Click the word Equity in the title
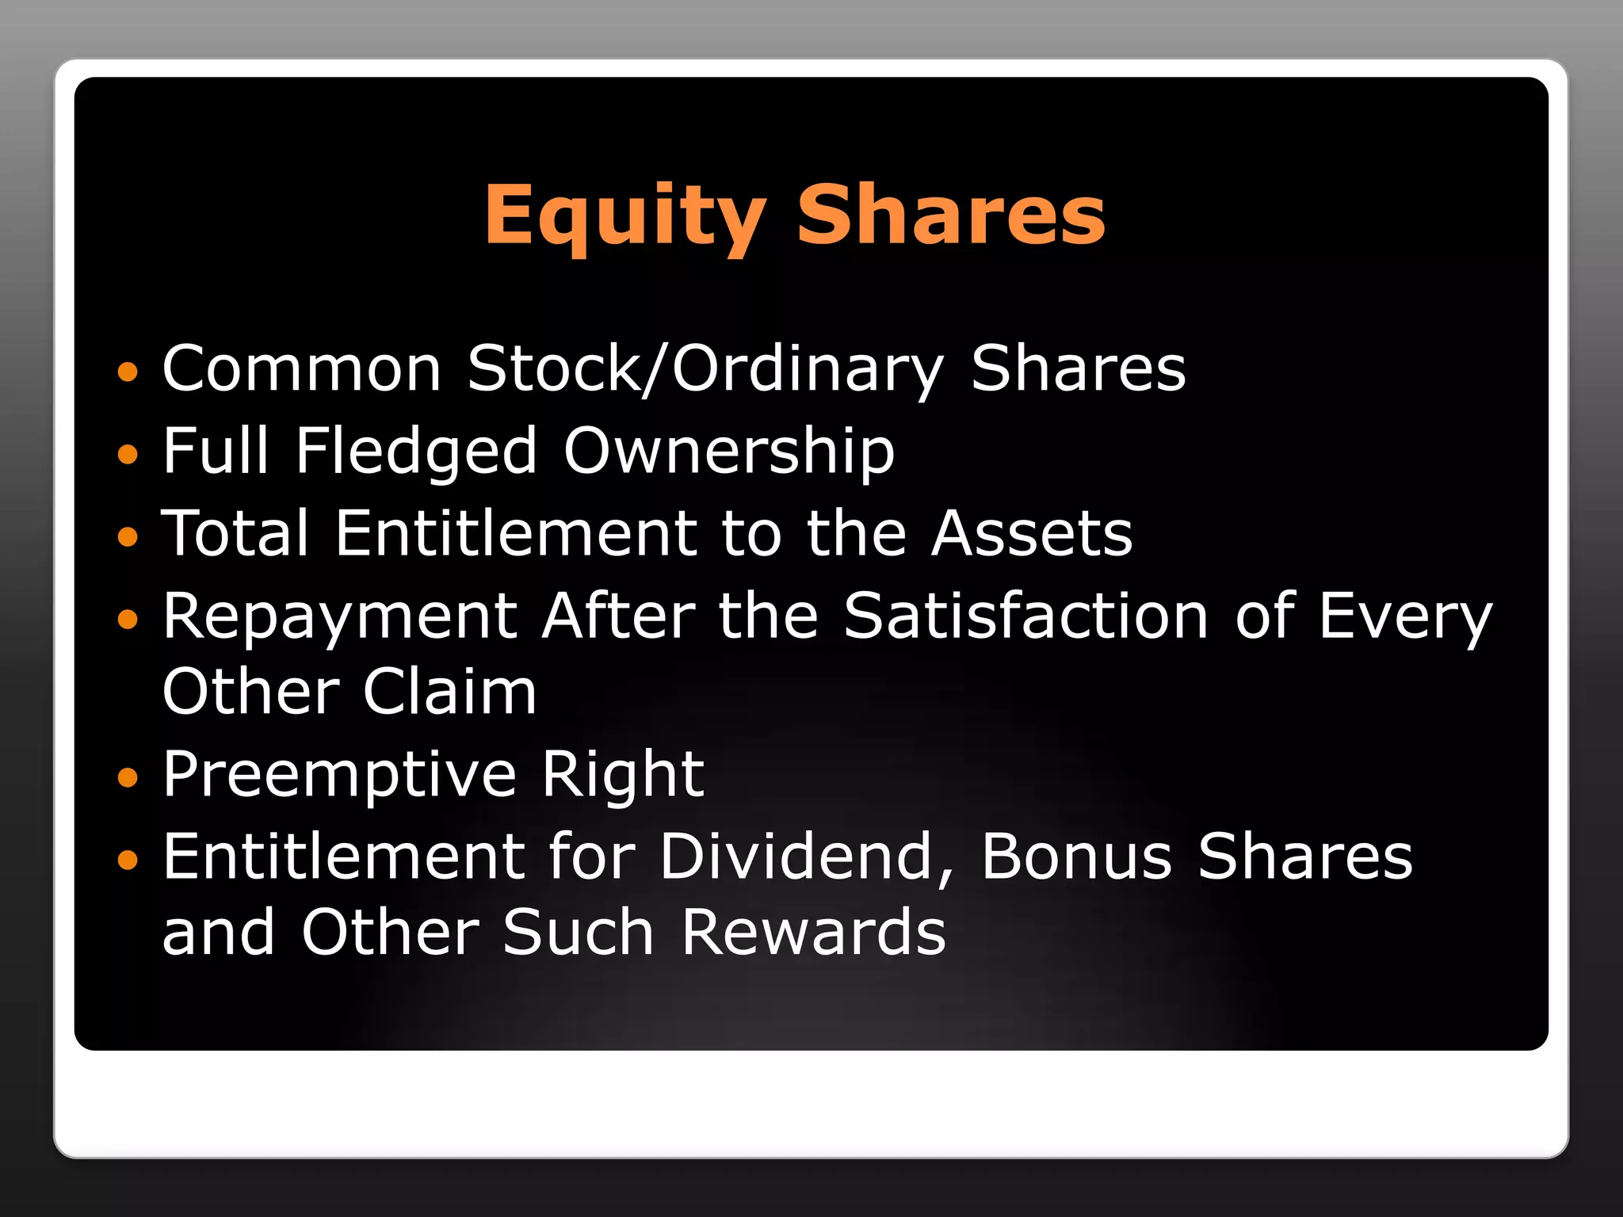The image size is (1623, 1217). pos(624,216)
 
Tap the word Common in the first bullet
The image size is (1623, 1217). pos(302,369)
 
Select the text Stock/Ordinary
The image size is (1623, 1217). pos(705,369)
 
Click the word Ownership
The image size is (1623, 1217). pos(729,452)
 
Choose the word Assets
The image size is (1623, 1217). pos(1032,533)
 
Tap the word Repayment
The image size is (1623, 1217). pos(341,616)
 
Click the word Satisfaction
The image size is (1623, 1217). pos(1026,616)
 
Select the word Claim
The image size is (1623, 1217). pos(450,692)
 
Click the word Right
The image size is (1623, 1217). pos(623,774)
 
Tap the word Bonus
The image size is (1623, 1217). pos(1076,856)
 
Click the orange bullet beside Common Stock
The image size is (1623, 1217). pos(127,371)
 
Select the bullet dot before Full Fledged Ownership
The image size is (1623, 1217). pos(127,454)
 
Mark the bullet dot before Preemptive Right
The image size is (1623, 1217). pos(127,777)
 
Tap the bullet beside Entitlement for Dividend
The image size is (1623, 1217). pos(127,859)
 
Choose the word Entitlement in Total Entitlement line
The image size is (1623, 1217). pos(516,533)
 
